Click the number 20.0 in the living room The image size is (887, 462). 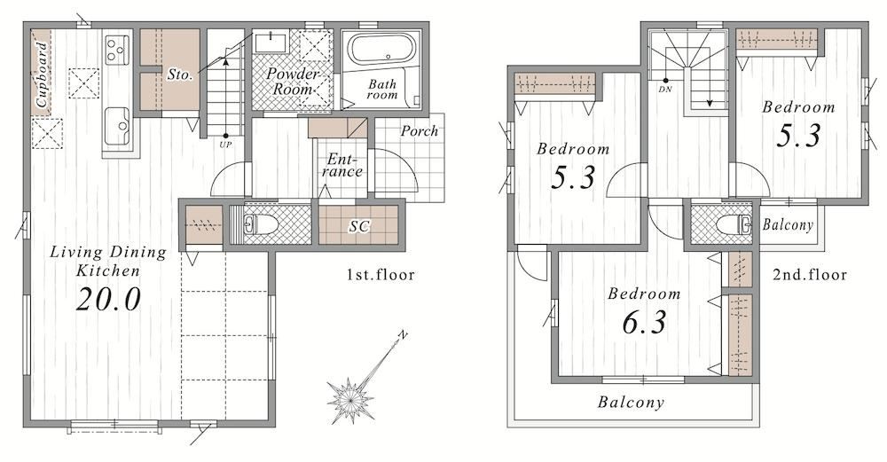pos(108,300)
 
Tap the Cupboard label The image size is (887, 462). pos(42,75)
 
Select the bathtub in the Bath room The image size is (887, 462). pos(381,50)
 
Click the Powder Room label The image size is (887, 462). pos(293,82)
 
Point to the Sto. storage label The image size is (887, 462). pos(180,74)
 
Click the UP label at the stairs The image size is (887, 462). pos(225,145)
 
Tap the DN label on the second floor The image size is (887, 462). pos(665,90)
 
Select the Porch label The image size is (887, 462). pos(420,131)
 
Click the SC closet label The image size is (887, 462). pos(358,227)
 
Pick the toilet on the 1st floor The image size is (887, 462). pos(261,225)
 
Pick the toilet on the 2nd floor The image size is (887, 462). pos(734,224)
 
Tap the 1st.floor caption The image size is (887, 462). pos(381,276)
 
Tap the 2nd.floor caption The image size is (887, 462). pos(810,276)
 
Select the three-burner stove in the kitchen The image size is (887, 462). pos(117,50)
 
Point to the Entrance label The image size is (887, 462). pos(342,166)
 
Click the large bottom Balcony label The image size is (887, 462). pos(631,402)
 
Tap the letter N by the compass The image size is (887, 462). pos(403,335)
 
